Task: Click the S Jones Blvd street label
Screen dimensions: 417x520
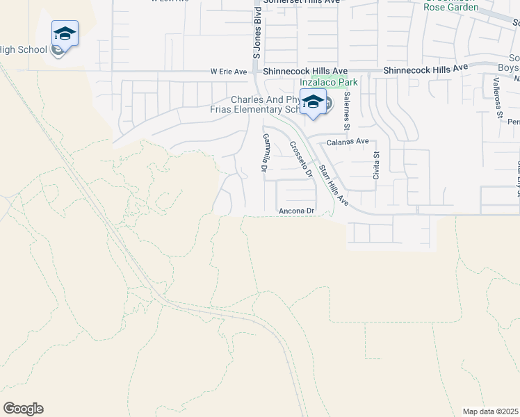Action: tap(257, 33)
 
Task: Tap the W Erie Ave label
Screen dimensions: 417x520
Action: tap(229, 72)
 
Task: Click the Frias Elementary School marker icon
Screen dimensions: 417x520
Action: tap(314, 102)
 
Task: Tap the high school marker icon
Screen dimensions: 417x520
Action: tap(65, 34)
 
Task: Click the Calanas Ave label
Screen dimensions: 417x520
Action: tap(348, 141)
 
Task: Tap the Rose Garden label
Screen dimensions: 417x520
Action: tap(451, 8)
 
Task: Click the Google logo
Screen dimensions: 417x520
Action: tap(23, 409)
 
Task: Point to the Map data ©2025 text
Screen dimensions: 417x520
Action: tap(490, 411)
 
